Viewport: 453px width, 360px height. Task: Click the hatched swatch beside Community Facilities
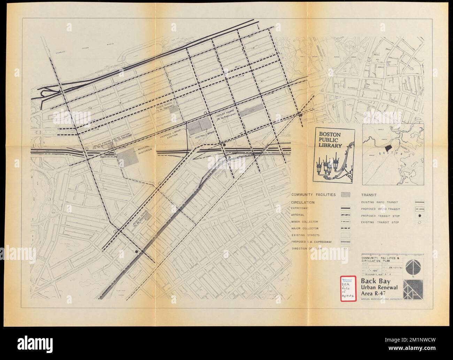(345, 195)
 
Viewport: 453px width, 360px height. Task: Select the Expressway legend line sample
(345, 208)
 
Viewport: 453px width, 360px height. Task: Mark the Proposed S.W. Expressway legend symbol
(345, 241)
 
